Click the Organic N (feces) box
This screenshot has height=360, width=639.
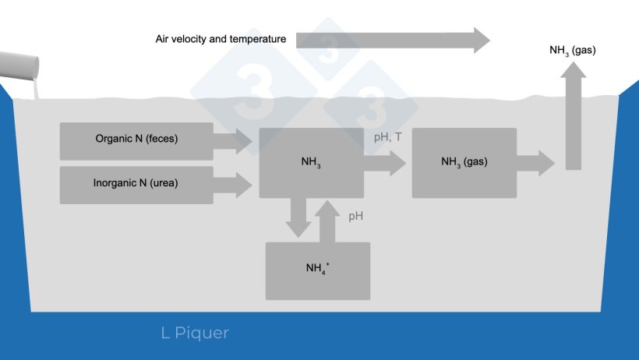click(x=136, y=141)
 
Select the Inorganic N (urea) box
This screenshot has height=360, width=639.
click(x=136, y=185)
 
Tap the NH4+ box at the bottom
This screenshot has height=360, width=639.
click(x=317, y=270)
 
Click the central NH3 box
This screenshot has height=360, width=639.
click(x=311, y=163)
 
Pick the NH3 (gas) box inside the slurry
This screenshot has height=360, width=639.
click(x=464, y=163)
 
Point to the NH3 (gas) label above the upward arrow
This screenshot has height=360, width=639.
click(x=573, y=51)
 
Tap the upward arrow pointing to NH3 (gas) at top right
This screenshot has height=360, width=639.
click(x=574, y=117)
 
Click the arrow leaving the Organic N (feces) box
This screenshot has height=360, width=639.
click(x=233, y=141)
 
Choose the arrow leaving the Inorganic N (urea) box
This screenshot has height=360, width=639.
click(x=233, y=185)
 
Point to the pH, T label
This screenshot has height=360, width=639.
click(x=387, y=138)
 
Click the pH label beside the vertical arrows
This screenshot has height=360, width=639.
click(x=355, y=216)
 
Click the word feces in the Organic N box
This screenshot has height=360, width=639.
click(x=161, y=140)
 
